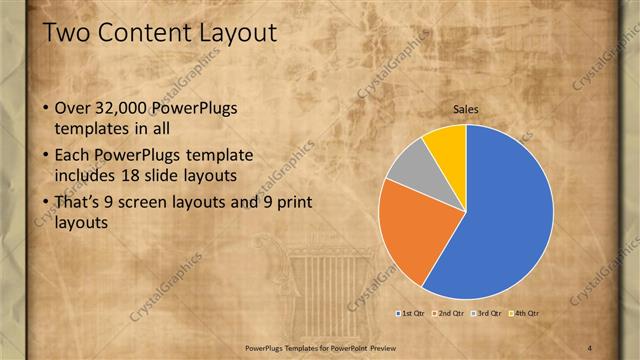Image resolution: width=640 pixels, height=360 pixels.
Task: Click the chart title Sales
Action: [466, 109]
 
